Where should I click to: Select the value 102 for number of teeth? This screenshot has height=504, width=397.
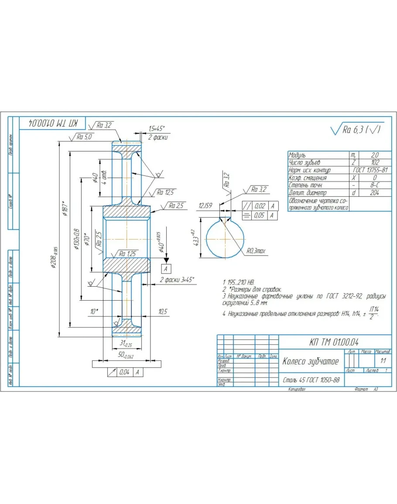374,163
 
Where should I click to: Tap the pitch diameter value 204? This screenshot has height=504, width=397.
374,192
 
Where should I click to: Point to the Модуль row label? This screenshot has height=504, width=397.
298,155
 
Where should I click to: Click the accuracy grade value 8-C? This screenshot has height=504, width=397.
374,185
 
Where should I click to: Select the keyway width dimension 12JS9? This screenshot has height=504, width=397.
205,205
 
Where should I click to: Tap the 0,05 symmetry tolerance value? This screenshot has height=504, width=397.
260,215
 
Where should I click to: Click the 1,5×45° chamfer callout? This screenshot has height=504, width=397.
156,129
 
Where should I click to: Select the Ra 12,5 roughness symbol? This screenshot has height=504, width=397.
166,192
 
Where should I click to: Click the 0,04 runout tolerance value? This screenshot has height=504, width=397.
125,372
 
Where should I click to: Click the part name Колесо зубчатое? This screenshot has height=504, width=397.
310,361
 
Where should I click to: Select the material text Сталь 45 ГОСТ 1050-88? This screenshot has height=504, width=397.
311,381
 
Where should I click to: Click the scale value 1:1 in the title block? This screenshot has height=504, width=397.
383,361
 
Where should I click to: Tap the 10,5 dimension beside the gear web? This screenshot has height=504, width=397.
162,311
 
